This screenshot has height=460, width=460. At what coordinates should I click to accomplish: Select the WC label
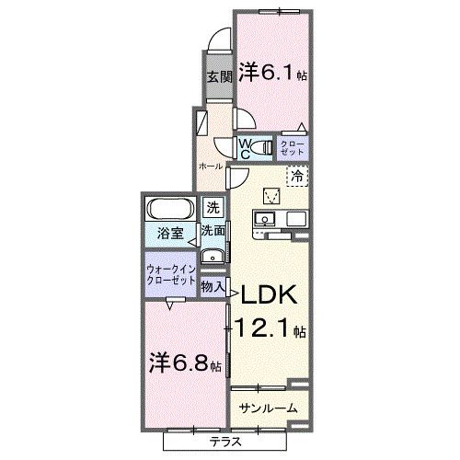(246, 146)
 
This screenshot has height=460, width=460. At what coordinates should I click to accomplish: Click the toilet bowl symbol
(264, 145)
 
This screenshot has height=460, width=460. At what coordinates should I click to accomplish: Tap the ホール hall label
(211, 166)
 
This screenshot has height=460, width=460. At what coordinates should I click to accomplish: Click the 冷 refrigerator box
(296, 175)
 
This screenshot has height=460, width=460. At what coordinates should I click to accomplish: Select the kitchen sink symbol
(262, 219)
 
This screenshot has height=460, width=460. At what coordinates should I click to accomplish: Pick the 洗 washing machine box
(213, 208)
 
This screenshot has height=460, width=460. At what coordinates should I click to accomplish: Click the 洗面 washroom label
(213, 231)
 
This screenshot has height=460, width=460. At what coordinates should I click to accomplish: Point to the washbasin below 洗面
(213, 255)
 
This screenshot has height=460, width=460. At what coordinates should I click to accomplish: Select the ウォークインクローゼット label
(170, 274)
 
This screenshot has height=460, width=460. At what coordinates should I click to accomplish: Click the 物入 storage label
(213, 287)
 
